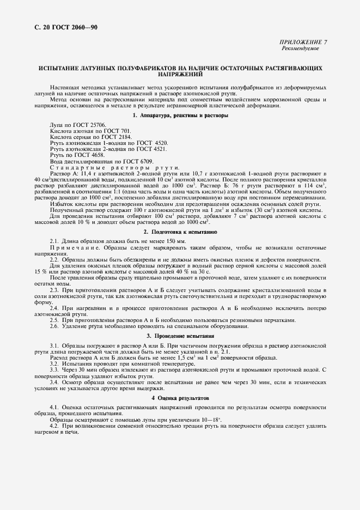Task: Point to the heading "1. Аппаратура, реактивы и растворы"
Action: point(180,116)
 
